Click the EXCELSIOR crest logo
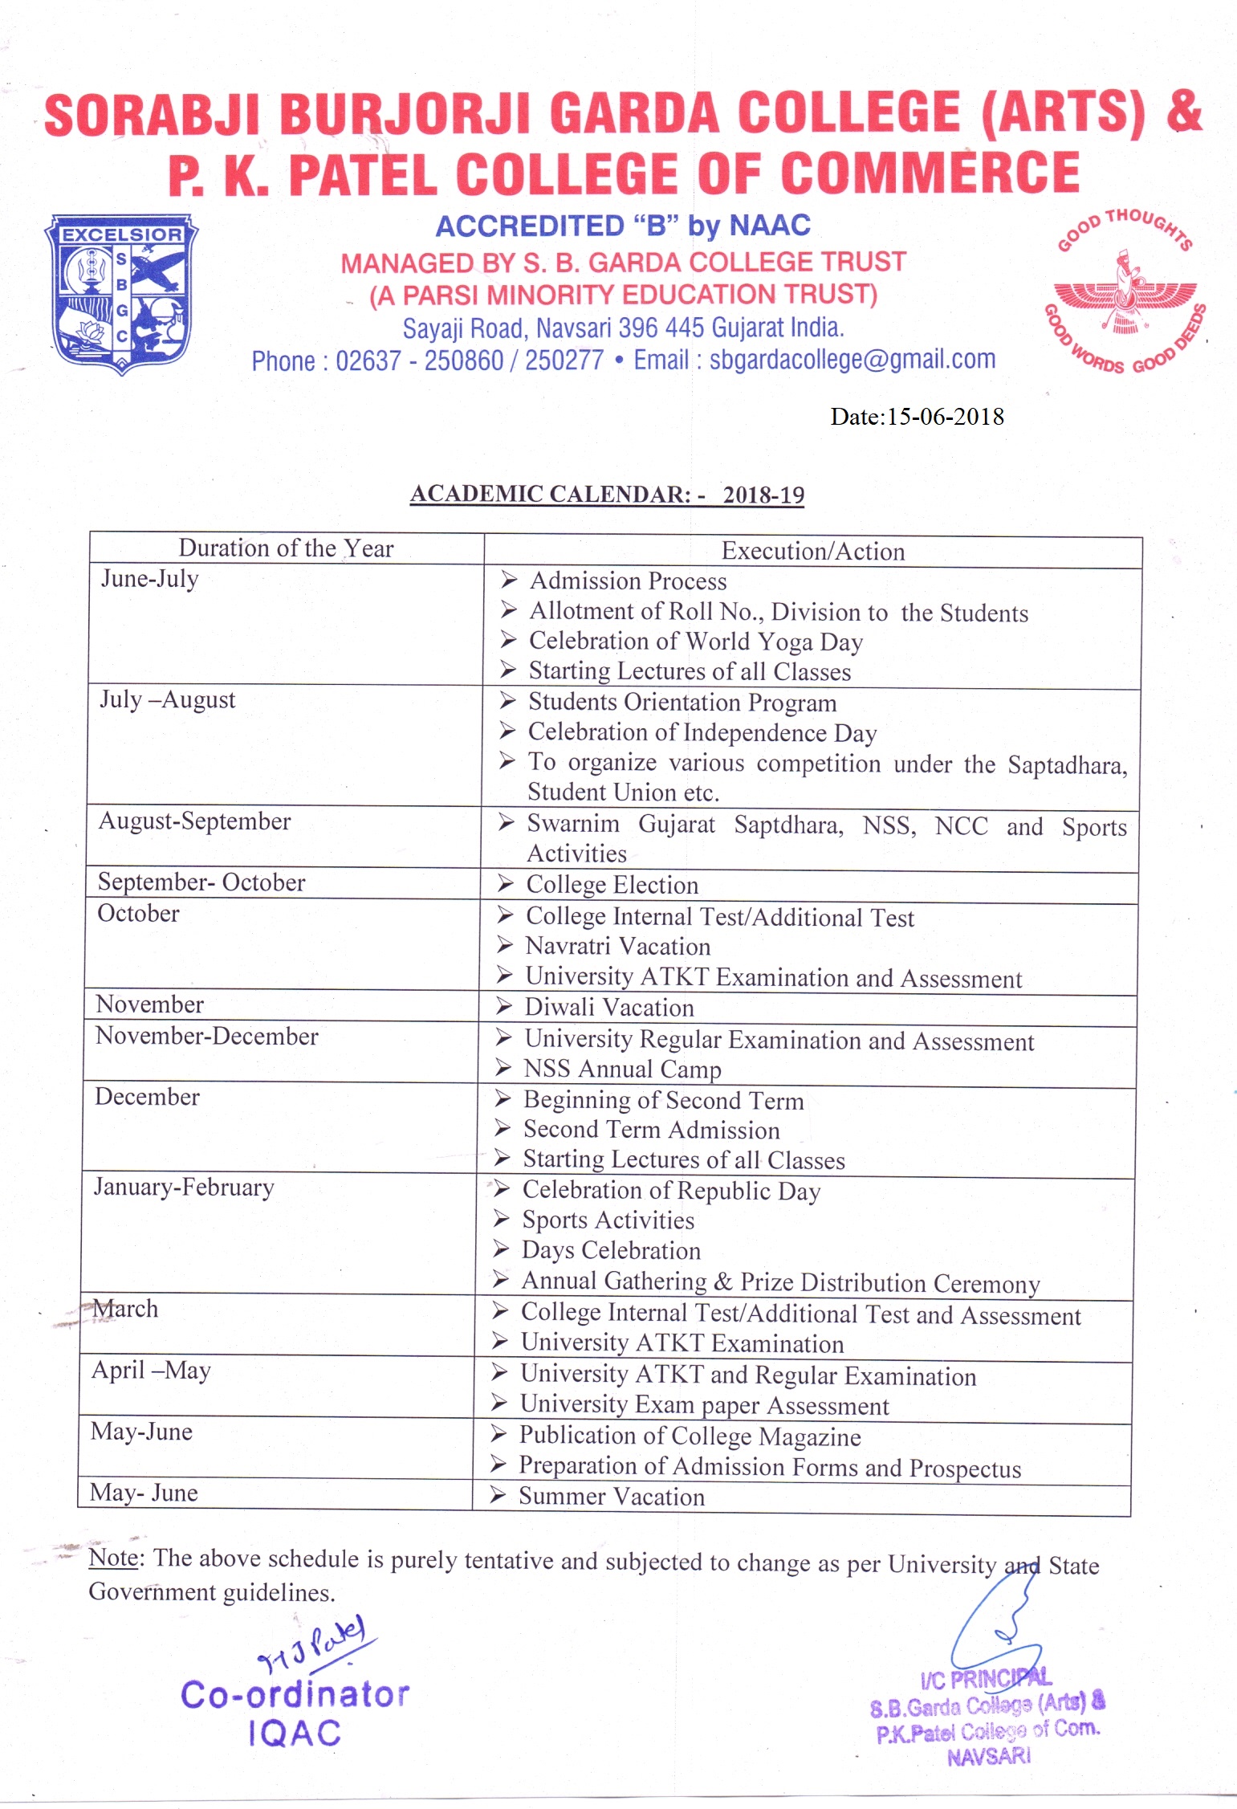[121, 293]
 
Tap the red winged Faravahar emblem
[1124, 295]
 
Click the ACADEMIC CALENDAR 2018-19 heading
[607, 494]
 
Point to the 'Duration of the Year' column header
[286, 548]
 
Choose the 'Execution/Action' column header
[812, 552]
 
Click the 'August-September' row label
[194, 821]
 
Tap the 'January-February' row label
[184, 1187]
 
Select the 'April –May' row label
[151, 1370]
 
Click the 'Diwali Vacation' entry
[608, 1008]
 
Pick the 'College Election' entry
[612, 885]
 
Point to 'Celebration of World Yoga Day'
[695, 642]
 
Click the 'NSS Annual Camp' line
[622, 1070]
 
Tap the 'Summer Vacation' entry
[611, 1497]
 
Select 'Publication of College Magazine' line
[690, 1436]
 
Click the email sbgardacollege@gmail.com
[852, 360]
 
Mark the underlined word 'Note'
[113, 1558]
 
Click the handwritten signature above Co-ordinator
[312, 1643]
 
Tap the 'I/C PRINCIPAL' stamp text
[986, 1677]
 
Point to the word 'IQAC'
[295, 1734]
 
